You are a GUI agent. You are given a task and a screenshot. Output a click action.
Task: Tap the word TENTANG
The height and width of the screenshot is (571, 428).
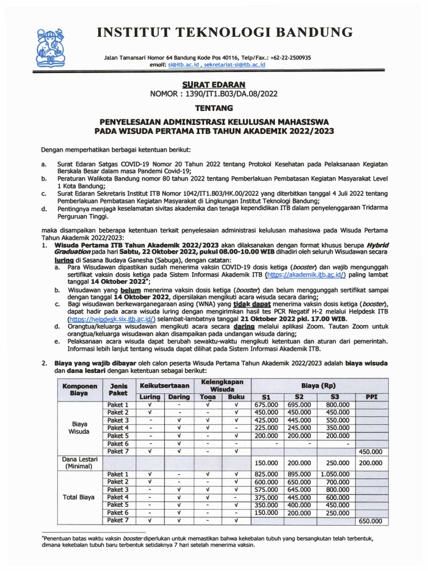pos(206,108)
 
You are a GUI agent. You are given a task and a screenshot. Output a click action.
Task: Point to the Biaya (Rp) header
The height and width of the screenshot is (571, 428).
pos(318,385)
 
